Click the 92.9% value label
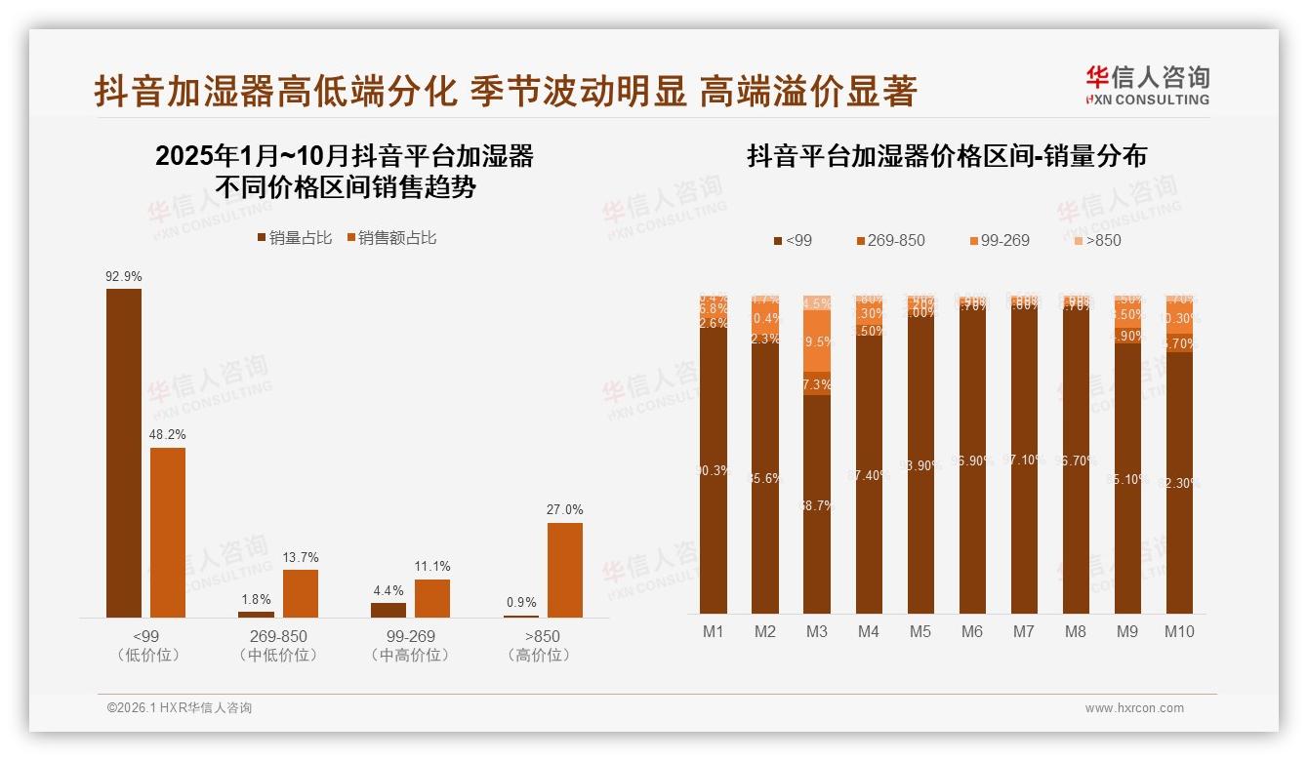pyautogui.click(x=124, y=276)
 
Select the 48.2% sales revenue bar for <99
pyautogui.click(x=167, y=532)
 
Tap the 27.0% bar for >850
pyautogui.click(x=564, y=570)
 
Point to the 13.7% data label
pyautogui.click(x=301, y=557)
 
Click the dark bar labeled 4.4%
pyautogui.click(x=388, y=610)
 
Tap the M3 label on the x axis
pyautogui.click(x=817, y=631)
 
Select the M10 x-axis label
pyautogui.click(x=1179, y=631)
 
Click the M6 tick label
pyautogui.click(x=971, y=631)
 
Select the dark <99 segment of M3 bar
pyautogui.click(x=817, y=502)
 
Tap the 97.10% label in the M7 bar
pyautogui.click(x=1024, y=460)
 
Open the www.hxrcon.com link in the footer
pyautogui.click(x=1134, y=708)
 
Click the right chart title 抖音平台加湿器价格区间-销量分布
pyautogui.click(x=947, y=156)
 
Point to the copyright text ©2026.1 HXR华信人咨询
pyautogui.click(x=180, y=708)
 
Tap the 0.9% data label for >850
pyautogui.click(x=521, y=602)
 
